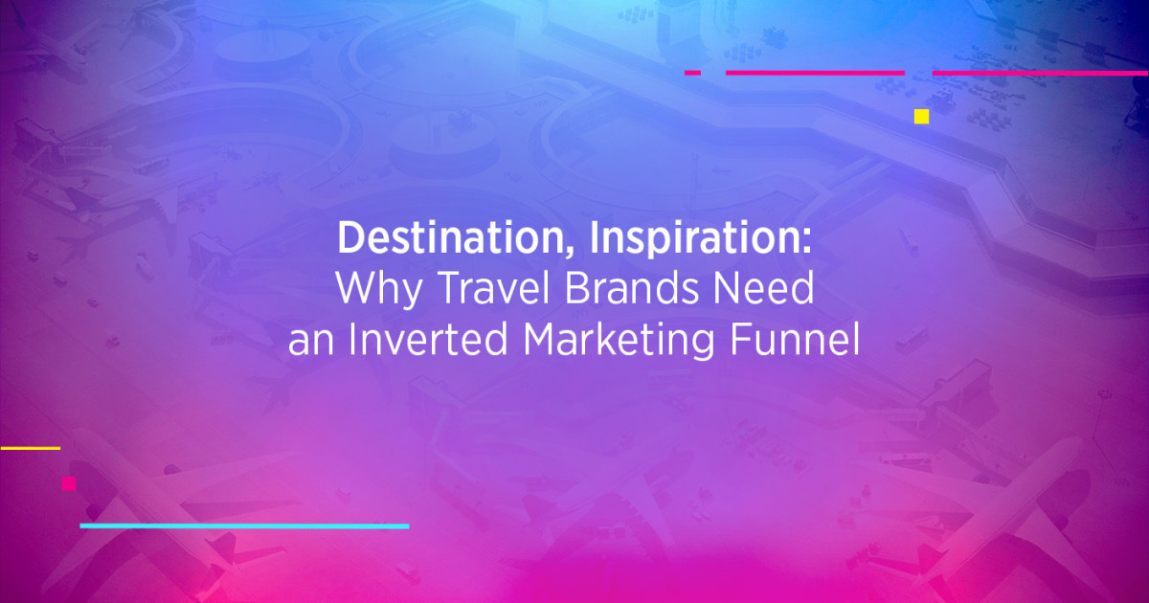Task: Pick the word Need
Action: click(767, 289)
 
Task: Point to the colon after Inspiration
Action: click(807, 242)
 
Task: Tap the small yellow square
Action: click(921, 117)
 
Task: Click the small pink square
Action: click(69, 483)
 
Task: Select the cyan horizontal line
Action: click(244, 525)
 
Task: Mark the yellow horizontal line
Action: click(30, 447)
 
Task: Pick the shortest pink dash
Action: click(692, 73)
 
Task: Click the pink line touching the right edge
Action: click(1040, 73)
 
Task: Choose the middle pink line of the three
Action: click(815, 73)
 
